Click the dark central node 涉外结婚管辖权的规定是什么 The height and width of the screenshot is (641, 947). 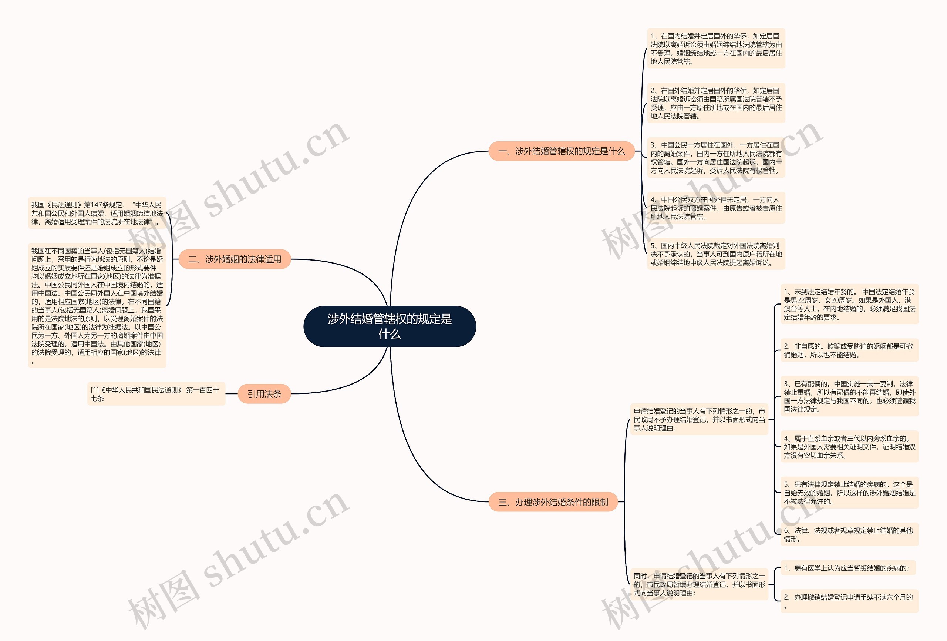(390, 326)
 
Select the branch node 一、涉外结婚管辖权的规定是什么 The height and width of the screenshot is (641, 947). (561, 151)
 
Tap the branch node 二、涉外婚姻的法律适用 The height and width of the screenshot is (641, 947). (235, 259)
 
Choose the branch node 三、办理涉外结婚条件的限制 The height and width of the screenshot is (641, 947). (553, 502)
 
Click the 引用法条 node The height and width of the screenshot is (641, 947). (264, 394)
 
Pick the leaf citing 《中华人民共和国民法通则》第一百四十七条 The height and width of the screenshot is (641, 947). (156, 394)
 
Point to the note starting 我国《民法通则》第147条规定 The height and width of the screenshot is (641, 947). (97, 213)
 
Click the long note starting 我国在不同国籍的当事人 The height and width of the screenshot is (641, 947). (97, 305)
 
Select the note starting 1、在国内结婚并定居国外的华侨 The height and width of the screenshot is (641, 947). (715, 48)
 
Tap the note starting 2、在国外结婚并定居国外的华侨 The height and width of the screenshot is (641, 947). (715, 103)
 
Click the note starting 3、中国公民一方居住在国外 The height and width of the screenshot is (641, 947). (715, 158)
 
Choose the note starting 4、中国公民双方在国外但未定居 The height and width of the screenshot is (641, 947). (715, 208)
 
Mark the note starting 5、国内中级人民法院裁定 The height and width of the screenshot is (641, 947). (715, 254)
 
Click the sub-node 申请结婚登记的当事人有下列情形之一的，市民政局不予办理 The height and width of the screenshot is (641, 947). (699, 419)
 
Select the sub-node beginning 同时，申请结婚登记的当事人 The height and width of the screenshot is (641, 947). (699, 584)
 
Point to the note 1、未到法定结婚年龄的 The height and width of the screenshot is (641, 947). (849, 304)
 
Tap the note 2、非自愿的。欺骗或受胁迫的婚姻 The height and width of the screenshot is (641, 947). (849, 350)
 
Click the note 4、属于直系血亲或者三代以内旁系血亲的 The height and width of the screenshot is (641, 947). (849, 446)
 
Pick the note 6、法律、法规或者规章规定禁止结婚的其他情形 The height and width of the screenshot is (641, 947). (849, 534)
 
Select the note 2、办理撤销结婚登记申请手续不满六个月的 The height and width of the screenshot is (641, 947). (849, 601)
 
